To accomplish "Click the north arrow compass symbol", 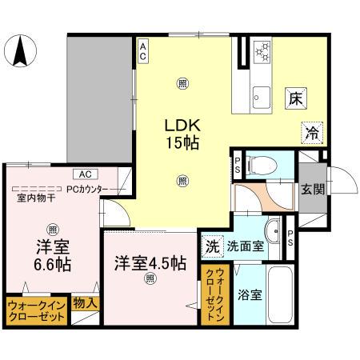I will pyautogui.click(x=19, y=52).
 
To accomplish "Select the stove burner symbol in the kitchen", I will pyautogui.click(x=262, y=54).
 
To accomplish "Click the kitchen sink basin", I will pyautogui.click(x=261, y=92).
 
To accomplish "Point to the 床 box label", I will pyautogui.click(x=295, y=99).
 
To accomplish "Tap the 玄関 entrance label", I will pyautogui.click(x=312, y=189).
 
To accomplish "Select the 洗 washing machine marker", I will pyautogui.click(x=211, y=246).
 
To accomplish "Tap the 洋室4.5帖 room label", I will pyautogui.click(x=150, y=262).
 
